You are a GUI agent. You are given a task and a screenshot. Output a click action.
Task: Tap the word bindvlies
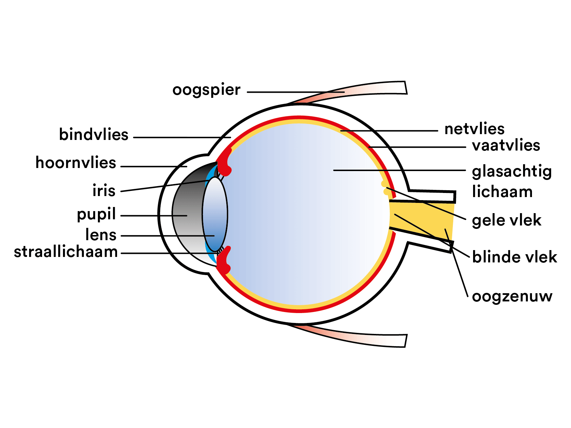pos(93,135)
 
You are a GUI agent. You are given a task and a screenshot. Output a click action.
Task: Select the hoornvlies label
pos(76,163)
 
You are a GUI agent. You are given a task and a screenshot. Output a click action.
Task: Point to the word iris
pos(104,191)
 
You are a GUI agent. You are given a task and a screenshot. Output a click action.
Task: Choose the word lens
pos(101,235)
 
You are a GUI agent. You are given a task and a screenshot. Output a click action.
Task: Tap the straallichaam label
pos(66,252)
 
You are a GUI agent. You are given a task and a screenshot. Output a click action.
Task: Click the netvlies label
pos(474,129)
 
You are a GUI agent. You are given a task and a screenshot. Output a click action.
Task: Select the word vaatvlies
pos(506,146)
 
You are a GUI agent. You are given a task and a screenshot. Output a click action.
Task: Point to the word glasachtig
pos(511,172)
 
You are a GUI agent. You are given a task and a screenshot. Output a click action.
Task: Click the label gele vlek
pos(506,221)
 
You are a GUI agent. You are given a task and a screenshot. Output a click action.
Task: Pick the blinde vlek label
pos(514,257)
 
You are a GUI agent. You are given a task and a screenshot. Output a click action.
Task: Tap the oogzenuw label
pos(512,296)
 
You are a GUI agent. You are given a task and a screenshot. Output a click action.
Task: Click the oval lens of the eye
pos(215,214)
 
